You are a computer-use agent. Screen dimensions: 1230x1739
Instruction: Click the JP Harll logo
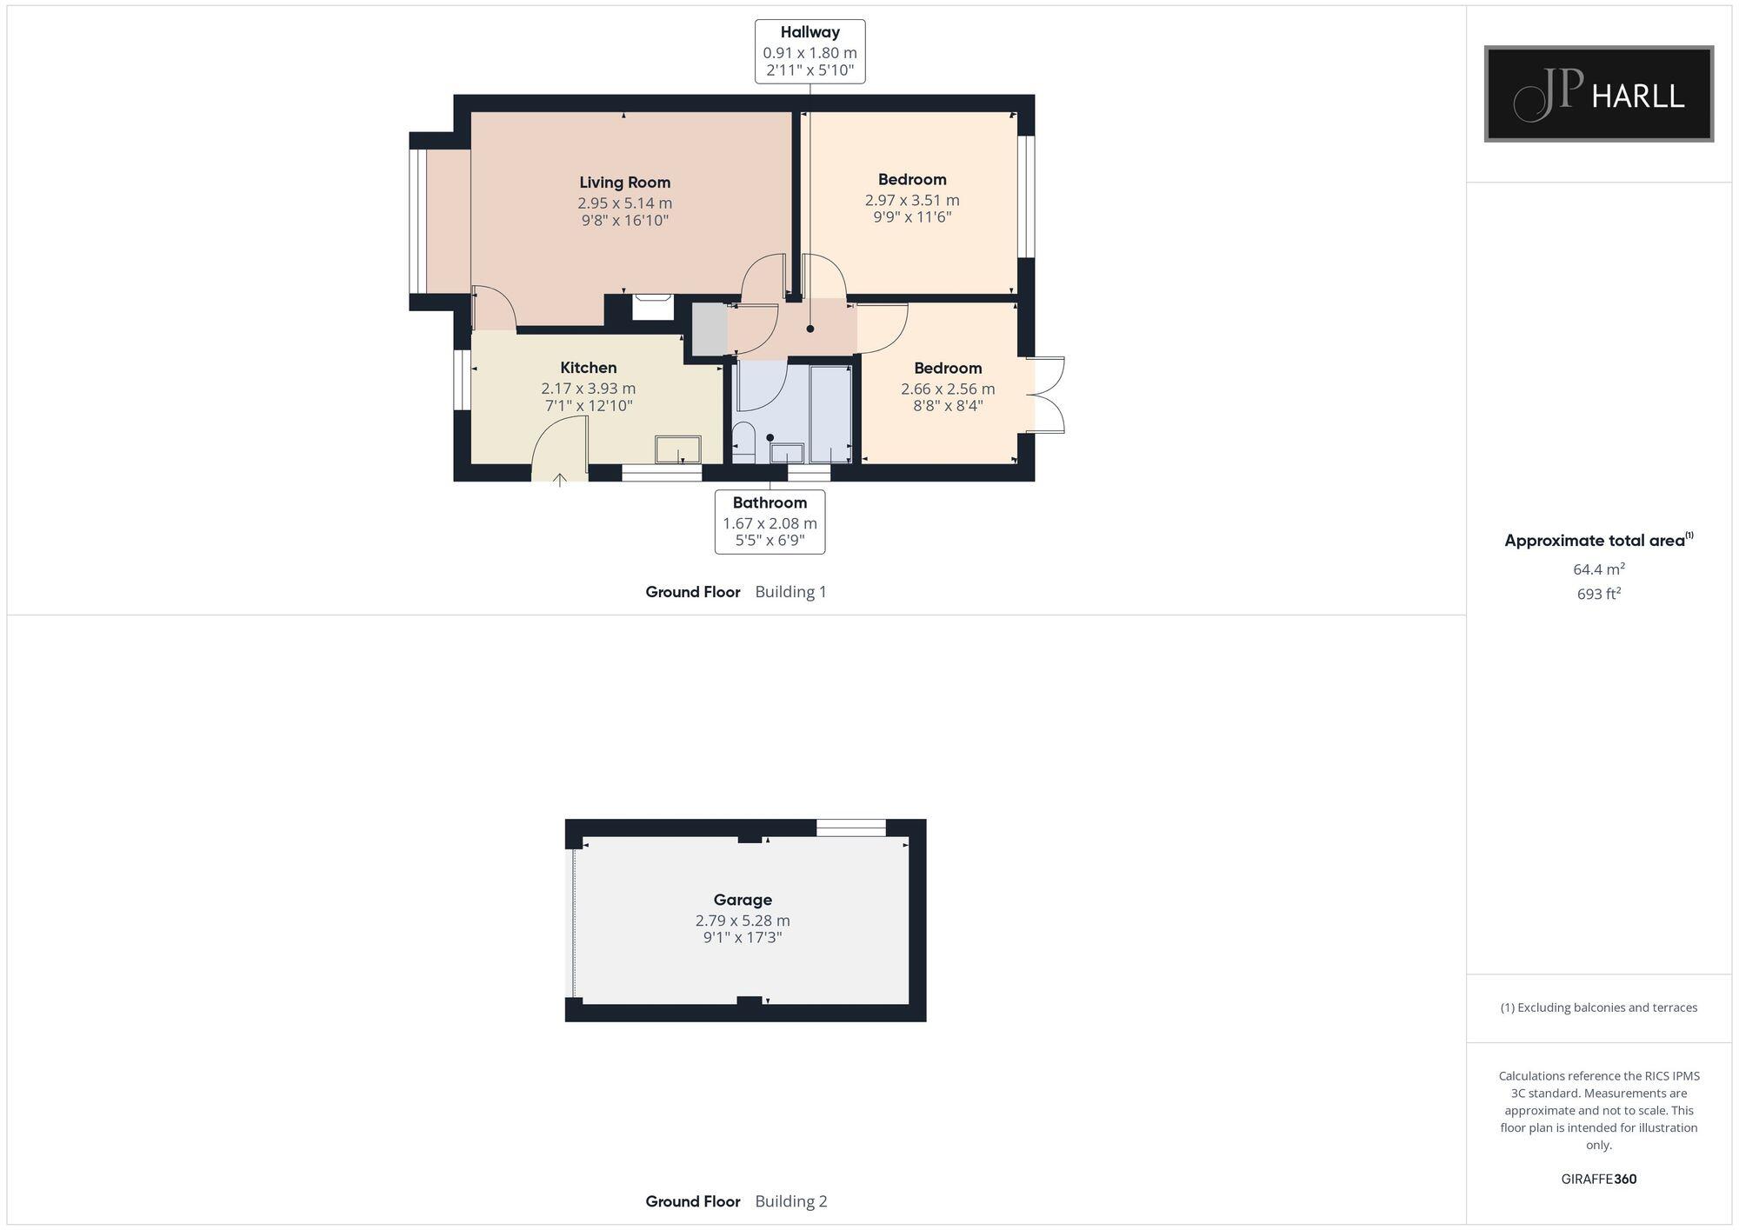pyautogui.click(x=1598, y=94)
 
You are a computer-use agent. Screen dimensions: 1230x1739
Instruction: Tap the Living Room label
pyautogui.click(x=624, y=183)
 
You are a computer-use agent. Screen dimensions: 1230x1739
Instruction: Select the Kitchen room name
pyautogui.click(x=588, y=368)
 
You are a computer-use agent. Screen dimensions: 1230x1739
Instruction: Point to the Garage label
pyautogui.click(x=743, y=900)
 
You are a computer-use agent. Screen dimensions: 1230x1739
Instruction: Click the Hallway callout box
pyautogui.click(x=810, y=51)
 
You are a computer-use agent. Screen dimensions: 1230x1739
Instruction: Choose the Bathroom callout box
pyautogui.click(x=770, y=522)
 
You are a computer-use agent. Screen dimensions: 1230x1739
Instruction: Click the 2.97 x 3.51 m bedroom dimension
pyautogui.click(x=912, y=200)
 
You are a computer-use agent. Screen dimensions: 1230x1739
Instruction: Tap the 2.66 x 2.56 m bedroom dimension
pyautogui.click(x=948, y=389)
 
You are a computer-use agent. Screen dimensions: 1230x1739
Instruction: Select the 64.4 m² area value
pyautogui.click(x=1598, y=569)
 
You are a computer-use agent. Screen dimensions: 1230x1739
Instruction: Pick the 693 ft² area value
pyautogui.click(x=1598, y=594)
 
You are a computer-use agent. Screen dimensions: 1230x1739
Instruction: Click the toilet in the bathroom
pyautogui.click(x=743, y=442)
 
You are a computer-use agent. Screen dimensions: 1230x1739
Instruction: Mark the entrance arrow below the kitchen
pyautogui.click(x=559, y=479)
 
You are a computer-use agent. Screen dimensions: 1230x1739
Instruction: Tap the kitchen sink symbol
pyautogui.click(x=677, y=449)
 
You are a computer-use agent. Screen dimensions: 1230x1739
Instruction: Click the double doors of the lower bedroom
pyautogui.click(x=1048, y=395)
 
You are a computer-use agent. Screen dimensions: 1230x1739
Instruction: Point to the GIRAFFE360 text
pyautogui.click(x=1598, y=1179)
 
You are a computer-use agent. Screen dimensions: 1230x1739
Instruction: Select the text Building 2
pyautogui.click(x=790, y=1201)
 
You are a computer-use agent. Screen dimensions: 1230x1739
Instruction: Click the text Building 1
pyautogui.click(x=790, y=592)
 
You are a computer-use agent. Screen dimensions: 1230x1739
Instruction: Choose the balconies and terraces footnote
pyautogui.click(x=1598, y=1007)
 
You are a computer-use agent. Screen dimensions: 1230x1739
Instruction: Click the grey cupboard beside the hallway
pyautogui.click(x=709, y=329)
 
